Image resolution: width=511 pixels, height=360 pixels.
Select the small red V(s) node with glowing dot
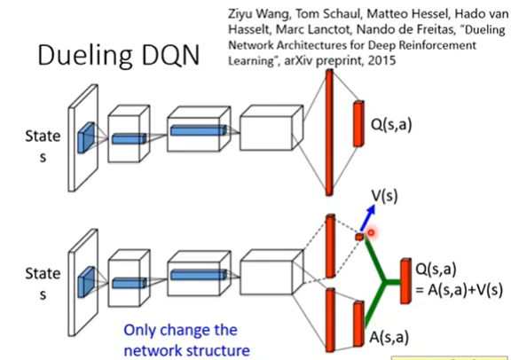[359, 237]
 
